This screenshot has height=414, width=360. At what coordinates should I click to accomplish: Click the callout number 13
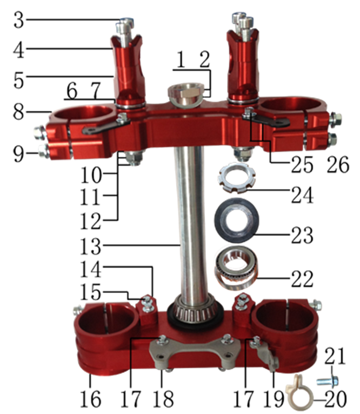pos(91,246)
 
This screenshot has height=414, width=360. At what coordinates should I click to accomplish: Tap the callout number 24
pos(302,195)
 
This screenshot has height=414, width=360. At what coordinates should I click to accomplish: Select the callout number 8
pos(18,112)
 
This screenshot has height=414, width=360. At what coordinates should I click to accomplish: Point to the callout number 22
pos(302,279)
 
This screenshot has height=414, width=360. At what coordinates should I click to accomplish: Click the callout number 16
pos(91,399)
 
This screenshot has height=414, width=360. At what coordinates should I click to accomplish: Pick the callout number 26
pos(338,164)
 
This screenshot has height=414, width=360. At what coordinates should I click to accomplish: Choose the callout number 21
pos(335,356)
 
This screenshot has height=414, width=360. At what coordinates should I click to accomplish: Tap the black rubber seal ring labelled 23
pos(236,220)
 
